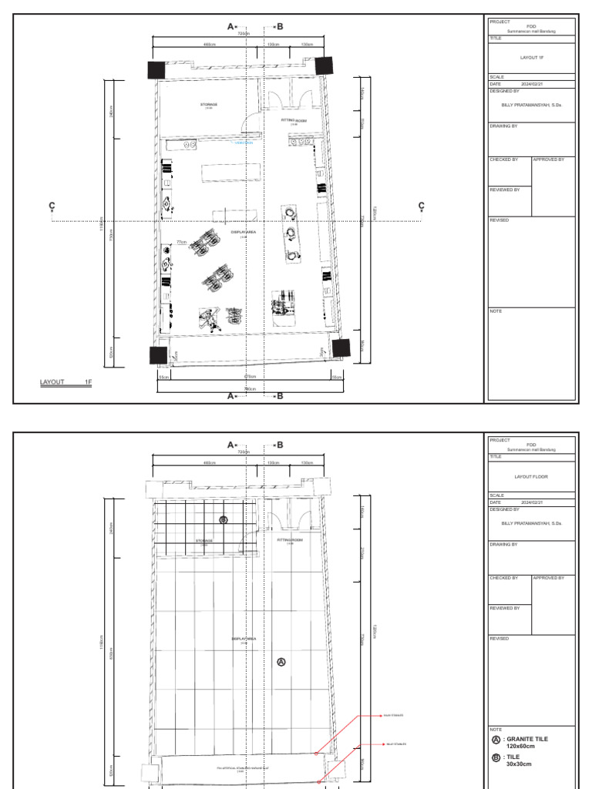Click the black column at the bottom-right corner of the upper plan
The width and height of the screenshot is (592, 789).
pos(341,347)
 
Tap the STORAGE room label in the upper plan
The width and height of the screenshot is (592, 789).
pos(209,104)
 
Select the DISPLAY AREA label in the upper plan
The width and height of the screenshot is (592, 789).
pos(244,231)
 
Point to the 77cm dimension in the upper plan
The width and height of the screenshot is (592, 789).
pos(182,242)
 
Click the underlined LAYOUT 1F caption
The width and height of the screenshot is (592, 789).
pos(66,382)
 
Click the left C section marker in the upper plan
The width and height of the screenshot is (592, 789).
pos(52,206)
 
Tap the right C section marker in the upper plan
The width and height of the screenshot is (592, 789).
pos(422,206)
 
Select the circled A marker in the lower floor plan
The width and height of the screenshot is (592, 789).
pos(281,661)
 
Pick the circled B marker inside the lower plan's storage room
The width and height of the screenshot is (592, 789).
pos(224,520)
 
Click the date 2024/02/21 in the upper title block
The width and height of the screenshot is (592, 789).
pos(533,83)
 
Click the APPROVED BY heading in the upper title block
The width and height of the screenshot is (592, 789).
pos(549,159)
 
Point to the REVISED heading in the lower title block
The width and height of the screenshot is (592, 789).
pos(499,639)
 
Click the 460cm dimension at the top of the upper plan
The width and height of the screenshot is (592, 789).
pos(209,45)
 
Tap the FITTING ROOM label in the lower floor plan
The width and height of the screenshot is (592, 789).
pos(290,541)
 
